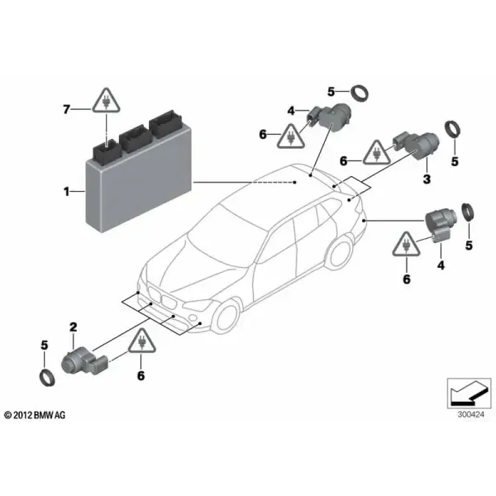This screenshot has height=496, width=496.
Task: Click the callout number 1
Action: coord(66,192)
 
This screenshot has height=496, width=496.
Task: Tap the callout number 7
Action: coord(66,109)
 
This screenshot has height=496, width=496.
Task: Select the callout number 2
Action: coord(74,327)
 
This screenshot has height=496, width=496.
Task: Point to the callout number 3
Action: coord(427,179)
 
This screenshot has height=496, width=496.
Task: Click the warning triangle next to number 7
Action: coord(107,100)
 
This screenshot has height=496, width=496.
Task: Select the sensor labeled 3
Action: coord(417,145)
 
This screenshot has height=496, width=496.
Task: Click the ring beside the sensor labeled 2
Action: coord(47,378)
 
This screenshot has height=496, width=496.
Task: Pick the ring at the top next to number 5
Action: coord(360,93)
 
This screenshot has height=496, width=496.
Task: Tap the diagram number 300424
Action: coord(470,414)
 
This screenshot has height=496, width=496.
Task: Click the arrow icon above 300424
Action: coord(469,393)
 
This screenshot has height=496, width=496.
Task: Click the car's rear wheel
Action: coord(341,252)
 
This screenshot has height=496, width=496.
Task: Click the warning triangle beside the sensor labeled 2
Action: coord(142,341)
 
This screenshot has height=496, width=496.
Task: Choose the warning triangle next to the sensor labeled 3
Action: coord(376,152)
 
